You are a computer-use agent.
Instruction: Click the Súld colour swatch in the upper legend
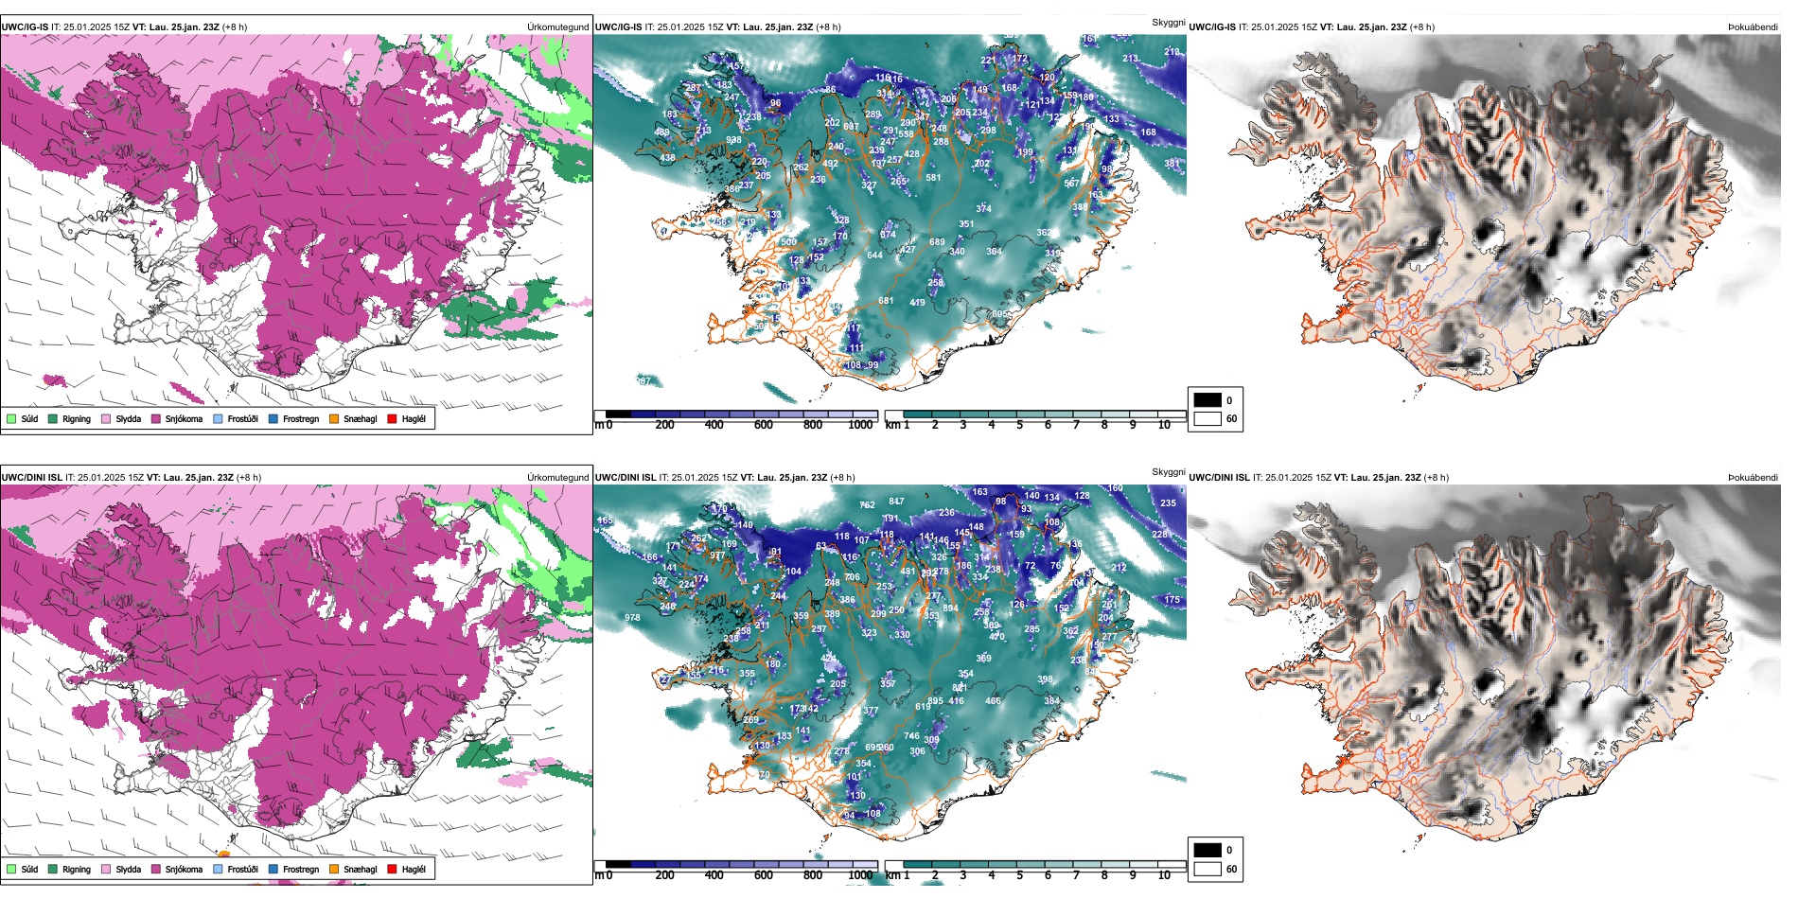[x=11, y=418]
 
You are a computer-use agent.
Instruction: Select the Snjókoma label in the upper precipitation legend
[x=184, y=418]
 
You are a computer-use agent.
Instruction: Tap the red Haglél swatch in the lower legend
[x=393, y=869]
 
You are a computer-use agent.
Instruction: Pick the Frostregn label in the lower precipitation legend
[x=301, y=869]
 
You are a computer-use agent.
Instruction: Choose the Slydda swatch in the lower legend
[x=106, y=869]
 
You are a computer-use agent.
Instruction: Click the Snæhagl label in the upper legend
[x=360, y=418]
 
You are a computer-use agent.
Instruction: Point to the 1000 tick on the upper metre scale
[x=860, y=425]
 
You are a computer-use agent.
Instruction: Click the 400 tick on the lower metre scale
[x=714, y=875]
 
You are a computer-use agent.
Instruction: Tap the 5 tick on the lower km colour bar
[x=1020, y=875]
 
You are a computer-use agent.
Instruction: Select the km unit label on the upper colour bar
[x=892, y=425]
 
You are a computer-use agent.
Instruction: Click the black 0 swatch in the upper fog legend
[x=1207, y=400]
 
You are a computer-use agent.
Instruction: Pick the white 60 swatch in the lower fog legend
[x=1207, y=869]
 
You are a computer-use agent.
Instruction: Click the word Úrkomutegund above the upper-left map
[x=558, y=27]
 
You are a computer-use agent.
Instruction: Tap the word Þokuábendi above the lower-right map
[x=1753, y=478]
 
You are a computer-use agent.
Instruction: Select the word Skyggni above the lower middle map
[x=1169, y=471]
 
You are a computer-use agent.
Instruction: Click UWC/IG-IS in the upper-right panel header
[x=1212, y=27]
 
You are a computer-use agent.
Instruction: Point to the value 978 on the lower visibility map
[x=632, y=618]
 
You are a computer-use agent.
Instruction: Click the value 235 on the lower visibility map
[x=1168, y=503]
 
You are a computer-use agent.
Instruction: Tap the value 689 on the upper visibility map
[x=937, y=242]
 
